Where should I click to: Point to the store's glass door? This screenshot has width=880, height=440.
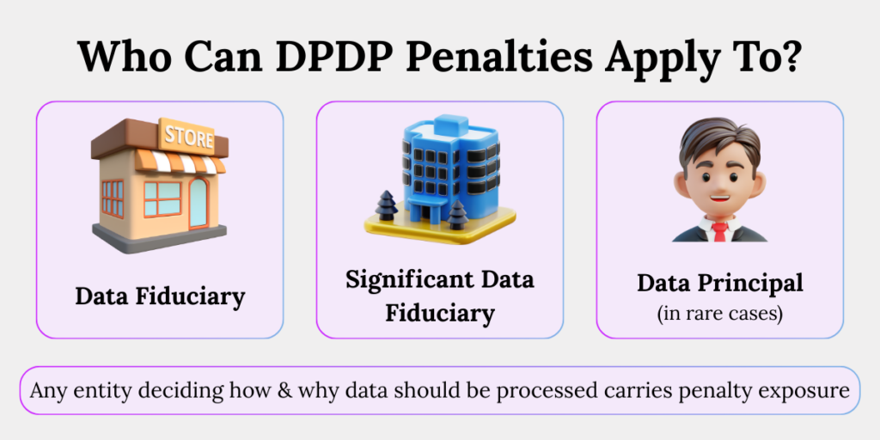coord(198,202)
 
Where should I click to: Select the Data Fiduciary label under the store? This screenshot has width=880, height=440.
coord(160,296)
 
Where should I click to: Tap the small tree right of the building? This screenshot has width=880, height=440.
coord(456,214)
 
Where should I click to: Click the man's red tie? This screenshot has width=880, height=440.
coord(719,230)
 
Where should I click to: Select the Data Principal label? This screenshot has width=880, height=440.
coord(719,283)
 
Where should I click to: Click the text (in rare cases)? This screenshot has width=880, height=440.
coord(719,313)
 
